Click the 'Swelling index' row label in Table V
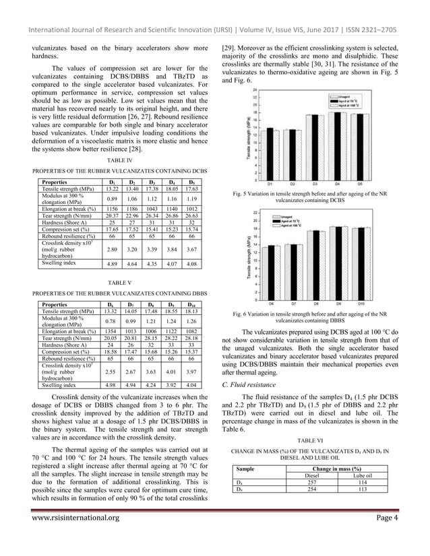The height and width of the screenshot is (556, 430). coord(59,385)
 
